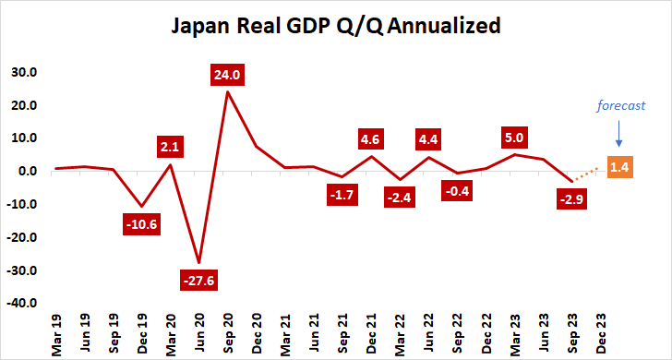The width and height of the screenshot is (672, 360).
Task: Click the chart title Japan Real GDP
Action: coord(336,26)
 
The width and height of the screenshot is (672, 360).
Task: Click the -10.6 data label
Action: coord(142,223)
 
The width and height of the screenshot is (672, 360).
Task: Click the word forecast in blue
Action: coord(619,106)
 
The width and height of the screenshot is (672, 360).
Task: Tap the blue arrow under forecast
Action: coord(618,135)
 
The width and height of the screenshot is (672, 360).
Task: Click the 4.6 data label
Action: coord(371,140)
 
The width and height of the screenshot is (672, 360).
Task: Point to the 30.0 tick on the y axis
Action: coord(23,72)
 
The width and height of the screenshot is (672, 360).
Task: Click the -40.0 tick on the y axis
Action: coord(21,303)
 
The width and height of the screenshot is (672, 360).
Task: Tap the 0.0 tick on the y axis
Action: coord(26,171)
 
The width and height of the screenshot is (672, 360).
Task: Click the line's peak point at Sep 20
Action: coord(227,91)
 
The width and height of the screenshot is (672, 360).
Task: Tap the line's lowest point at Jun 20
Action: coord(198,262)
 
